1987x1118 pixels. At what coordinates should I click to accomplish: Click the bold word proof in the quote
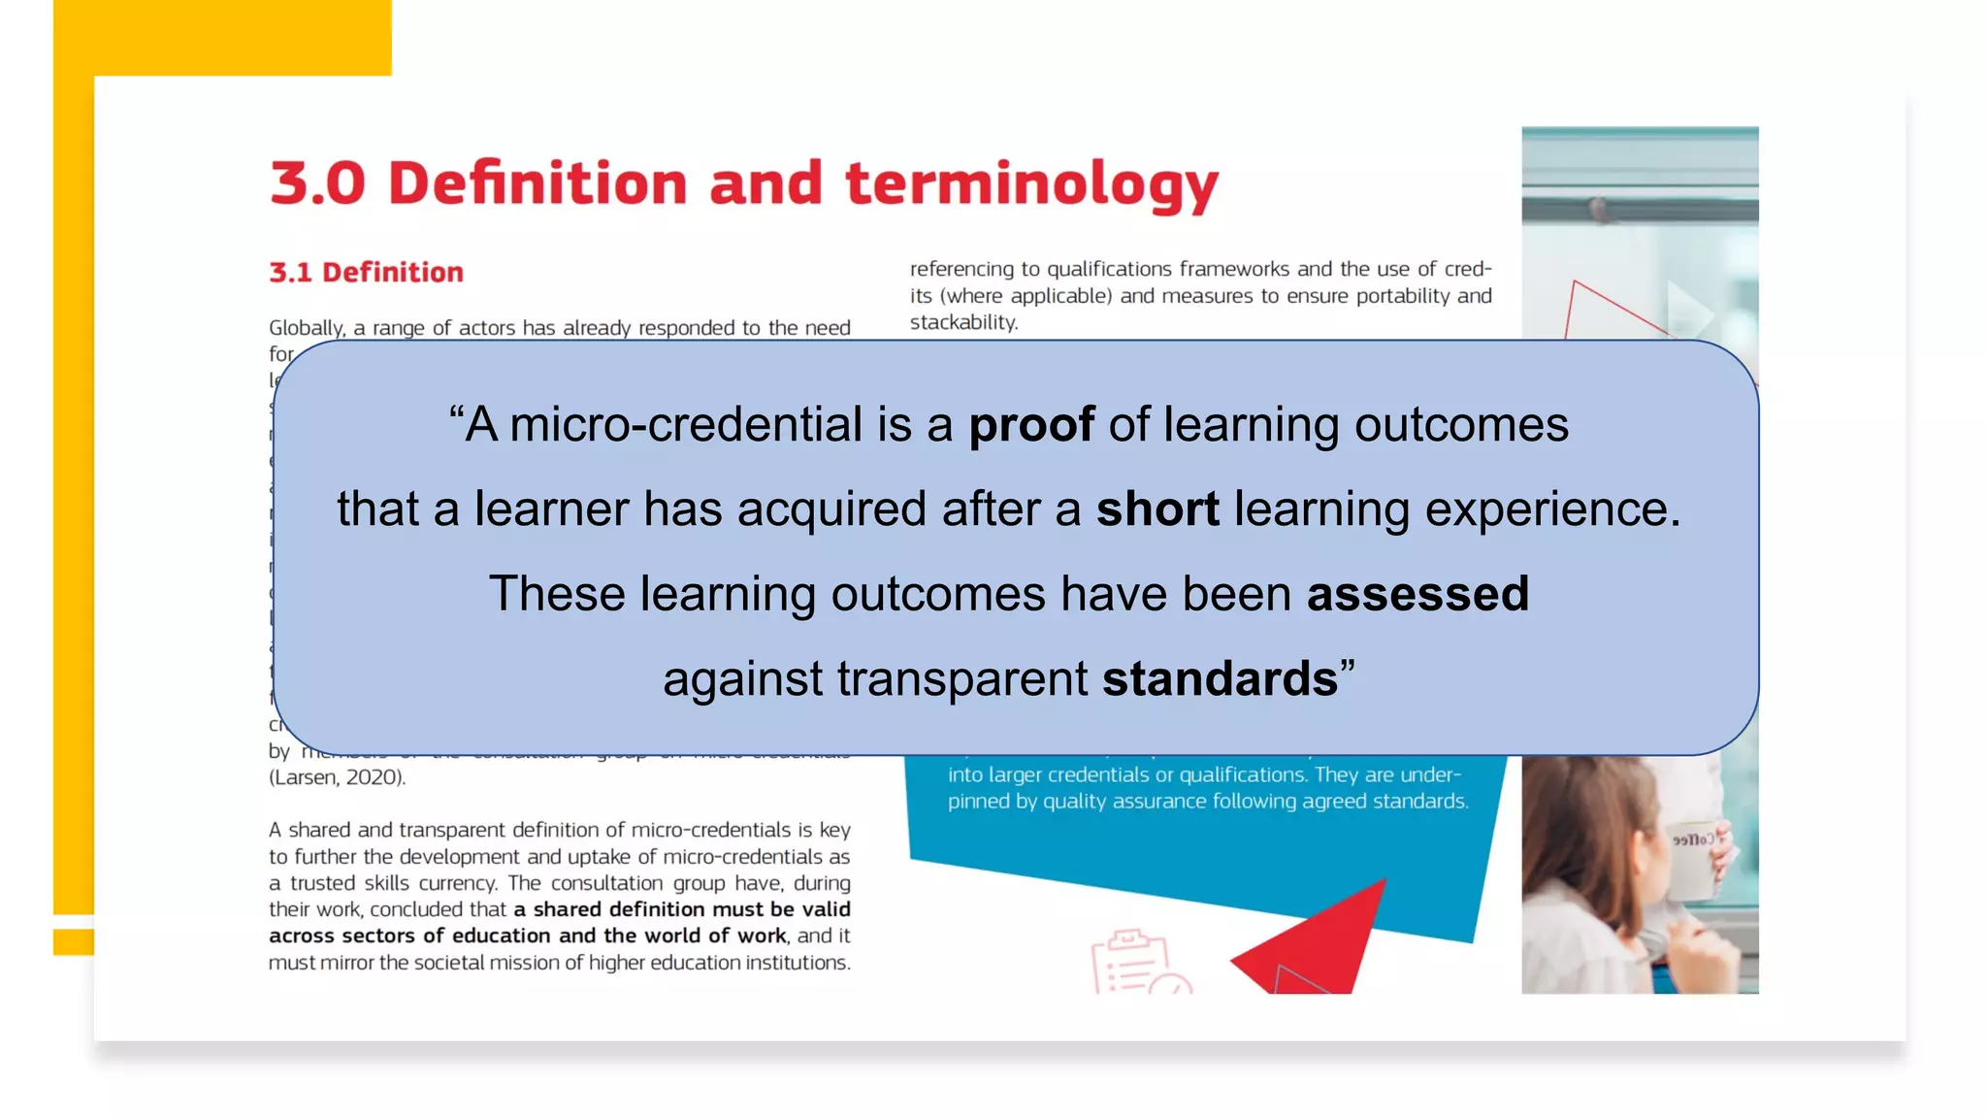1031,425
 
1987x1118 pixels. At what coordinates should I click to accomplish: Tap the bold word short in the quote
1157,510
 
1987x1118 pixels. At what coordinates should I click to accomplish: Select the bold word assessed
1417,594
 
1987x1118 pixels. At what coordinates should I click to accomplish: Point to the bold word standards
1220,678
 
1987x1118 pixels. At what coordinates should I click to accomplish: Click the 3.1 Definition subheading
366,273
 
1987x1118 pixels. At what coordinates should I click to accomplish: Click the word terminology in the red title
1031,184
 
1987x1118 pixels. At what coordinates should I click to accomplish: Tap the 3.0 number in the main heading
317,183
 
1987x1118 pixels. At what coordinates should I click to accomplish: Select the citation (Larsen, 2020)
338,777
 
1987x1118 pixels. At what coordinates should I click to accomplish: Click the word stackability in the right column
962,322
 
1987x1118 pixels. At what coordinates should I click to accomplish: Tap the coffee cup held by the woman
1693,860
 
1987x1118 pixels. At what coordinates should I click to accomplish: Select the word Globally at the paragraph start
307,328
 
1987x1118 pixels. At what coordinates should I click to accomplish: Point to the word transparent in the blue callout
961,678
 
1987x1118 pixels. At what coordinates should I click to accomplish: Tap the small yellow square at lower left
73,941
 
